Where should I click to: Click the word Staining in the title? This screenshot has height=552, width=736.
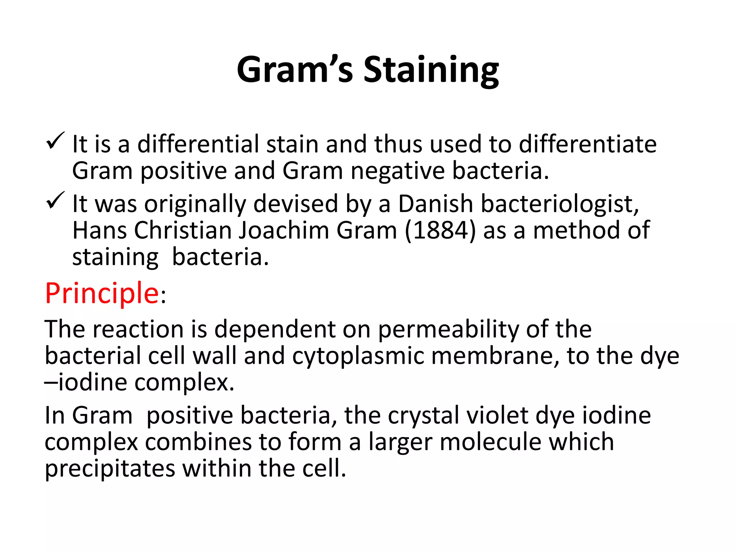431,70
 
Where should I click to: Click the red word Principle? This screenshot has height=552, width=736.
102,293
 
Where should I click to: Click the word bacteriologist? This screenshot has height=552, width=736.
559,204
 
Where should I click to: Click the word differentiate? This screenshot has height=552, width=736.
588,144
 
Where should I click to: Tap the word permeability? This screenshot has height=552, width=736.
448,329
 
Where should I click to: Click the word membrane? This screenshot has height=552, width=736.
494,356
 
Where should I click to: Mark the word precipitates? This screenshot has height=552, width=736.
110,469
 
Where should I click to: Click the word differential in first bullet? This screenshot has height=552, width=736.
198,144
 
